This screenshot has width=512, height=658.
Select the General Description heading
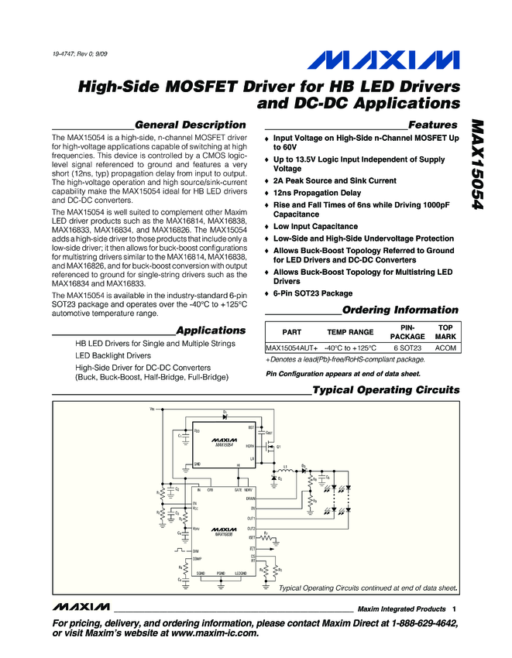[x=190, y=125]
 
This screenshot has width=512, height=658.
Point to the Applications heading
[x=211, y=330]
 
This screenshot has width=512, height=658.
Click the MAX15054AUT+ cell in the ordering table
[x=292, y=348]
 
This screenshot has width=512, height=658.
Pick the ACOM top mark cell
[x=445, y=348]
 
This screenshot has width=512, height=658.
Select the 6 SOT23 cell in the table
[x=406, y=348]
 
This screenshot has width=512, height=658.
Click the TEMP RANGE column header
[x=345, y=331]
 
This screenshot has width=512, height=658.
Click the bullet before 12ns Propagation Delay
[x=267, y=194]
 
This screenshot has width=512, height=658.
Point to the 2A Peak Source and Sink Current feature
[x=335, y=181]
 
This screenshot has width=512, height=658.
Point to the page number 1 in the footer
[x=455, y=609]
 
